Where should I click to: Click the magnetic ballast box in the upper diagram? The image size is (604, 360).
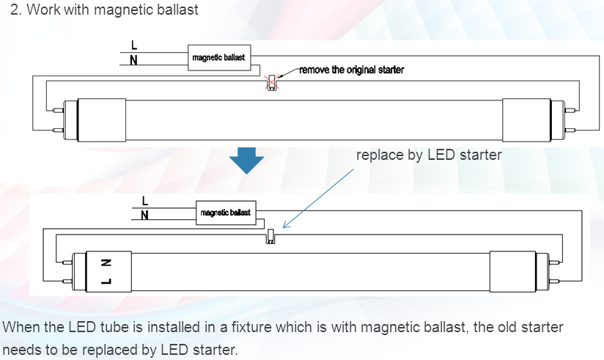[218, 57]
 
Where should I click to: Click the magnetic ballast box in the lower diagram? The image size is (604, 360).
[225, 213]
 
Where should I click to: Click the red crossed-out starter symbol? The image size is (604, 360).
[272, 83]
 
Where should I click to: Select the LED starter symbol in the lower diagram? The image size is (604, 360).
[270, 238]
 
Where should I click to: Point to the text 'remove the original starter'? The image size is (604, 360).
[351, 70]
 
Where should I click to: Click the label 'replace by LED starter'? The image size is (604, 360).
[429, 155]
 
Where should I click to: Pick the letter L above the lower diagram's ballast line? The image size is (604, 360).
[144, 199]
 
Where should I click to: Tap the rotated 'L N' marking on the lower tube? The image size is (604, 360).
[105, 271]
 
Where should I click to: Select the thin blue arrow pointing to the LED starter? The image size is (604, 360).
[319, 197]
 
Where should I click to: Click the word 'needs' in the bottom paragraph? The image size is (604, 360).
[21, 348]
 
